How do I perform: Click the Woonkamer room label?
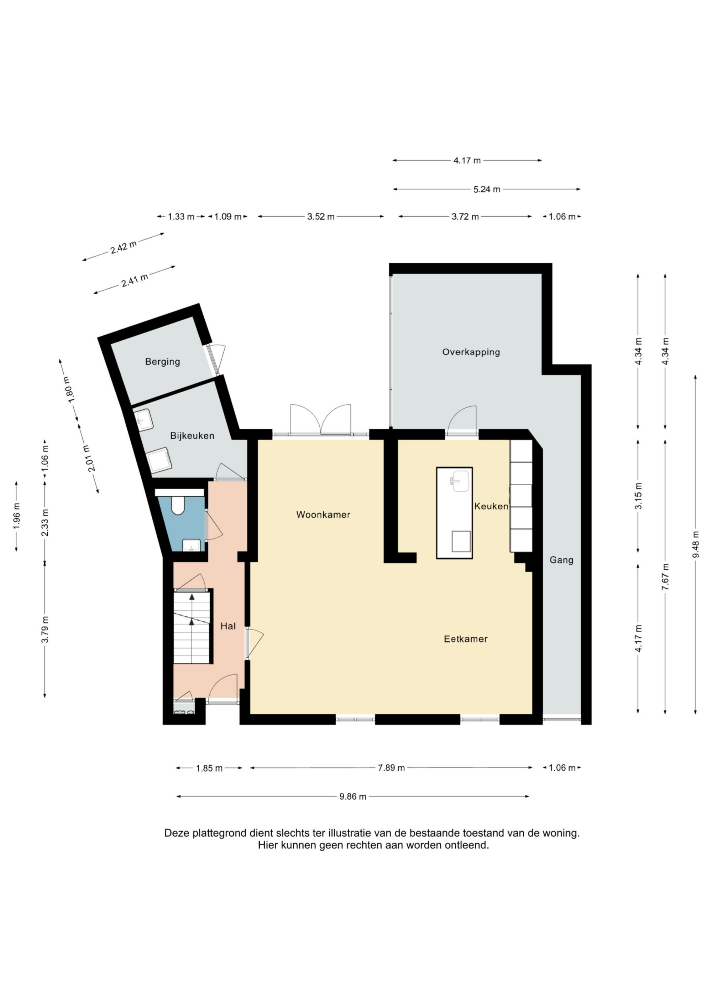coord(323,515)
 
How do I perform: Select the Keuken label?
coord(491,506)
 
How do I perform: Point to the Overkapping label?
coord(471,352)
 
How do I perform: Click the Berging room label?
coord(162,362)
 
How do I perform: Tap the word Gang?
coord(561,560)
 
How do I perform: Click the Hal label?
coord(228,626)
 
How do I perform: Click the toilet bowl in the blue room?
coord(178,505)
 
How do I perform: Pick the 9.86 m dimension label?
coord(353,796)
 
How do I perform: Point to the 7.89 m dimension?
coord(391,768)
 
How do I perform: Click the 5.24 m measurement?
coord(487,189)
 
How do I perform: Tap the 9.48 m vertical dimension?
coord(695,544)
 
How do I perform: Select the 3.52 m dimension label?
coord(321,216)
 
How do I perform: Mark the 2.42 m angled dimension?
coord(123,247)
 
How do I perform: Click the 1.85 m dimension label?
coord(209,768)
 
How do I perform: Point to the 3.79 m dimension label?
coord(45,629)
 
